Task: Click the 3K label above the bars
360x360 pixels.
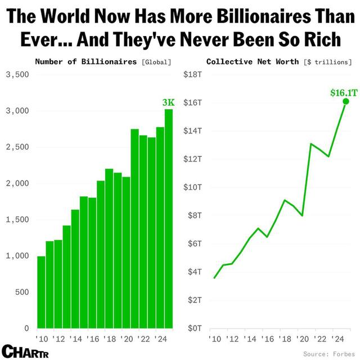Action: pos(168,103)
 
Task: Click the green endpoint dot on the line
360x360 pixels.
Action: pos(346,101)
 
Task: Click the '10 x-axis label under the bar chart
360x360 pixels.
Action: pos(42,339)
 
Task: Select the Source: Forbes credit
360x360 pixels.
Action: pos(328,353)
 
